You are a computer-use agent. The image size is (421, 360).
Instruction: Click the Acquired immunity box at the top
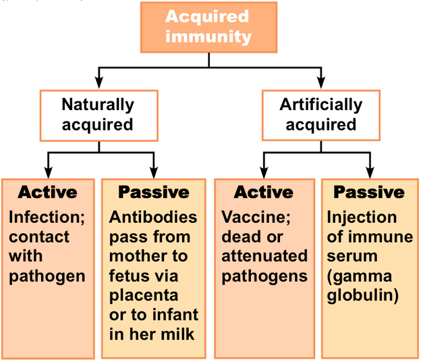[x=208, y=27]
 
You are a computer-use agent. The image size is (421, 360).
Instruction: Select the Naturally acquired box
[x=98, y=114]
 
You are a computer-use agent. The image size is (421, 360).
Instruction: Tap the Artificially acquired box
[x=320, y=114]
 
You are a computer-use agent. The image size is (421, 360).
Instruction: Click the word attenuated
[x=264, y=257]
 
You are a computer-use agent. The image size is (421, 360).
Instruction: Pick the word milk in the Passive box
[x=181, y=334]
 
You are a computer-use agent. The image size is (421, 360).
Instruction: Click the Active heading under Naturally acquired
[x=47, y=192]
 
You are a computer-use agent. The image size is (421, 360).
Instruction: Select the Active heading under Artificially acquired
[x=264, y=192]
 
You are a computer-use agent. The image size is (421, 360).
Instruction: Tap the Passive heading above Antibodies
[x=153, y=192]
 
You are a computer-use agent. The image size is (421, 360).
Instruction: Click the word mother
[x=137, y=257]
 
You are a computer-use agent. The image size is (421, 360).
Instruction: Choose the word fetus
[x=128, y=276]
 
